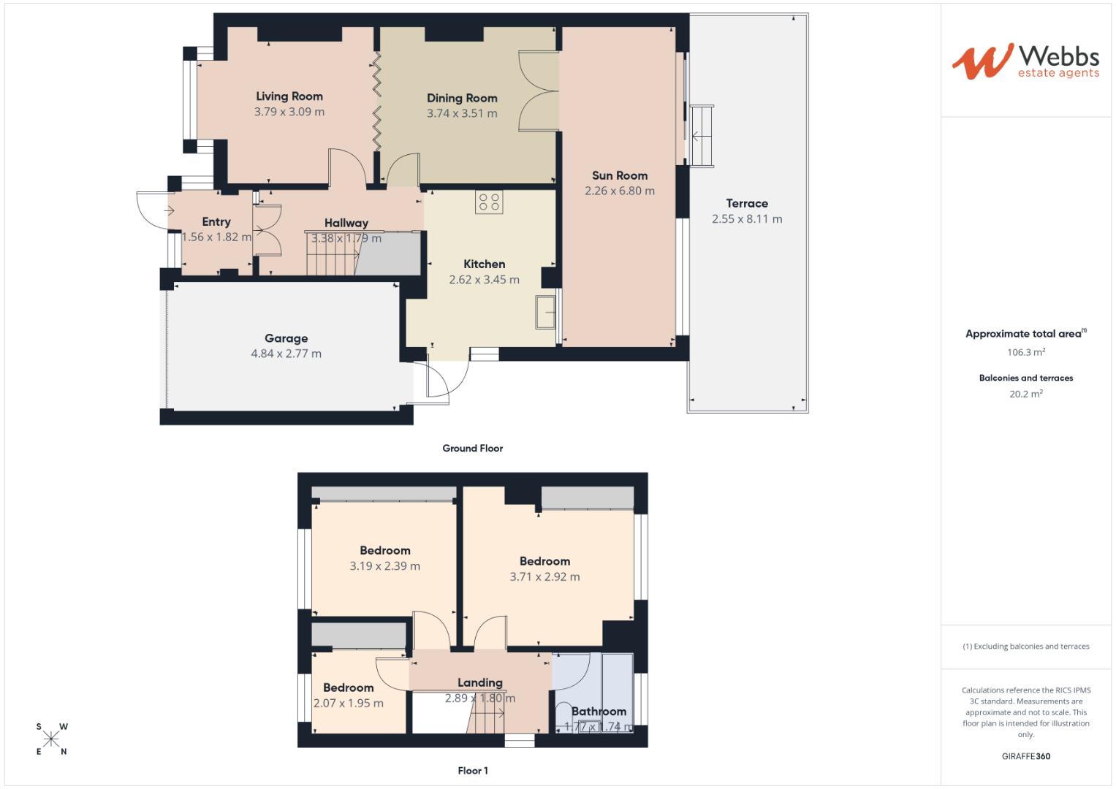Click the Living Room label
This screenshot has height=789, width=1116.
289,96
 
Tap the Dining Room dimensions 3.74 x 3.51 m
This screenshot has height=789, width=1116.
462,114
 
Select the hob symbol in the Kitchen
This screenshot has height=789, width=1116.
489,202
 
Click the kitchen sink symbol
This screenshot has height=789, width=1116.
545,313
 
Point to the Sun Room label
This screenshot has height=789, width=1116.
619,175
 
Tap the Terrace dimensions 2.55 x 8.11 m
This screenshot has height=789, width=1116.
746,219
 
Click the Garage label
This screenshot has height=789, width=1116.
286,338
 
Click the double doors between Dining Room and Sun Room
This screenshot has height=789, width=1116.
539,91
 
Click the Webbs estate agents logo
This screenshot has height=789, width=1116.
1025,61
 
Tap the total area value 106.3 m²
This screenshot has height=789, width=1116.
1025,352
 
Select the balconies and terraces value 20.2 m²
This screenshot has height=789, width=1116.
1025,394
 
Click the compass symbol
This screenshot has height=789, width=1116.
51,739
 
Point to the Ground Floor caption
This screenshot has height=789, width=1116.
472,449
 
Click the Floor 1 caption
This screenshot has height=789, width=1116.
472,771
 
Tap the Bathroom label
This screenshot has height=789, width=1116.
599,712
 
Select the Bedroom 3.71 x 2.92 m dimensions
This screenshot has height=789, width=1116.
544,577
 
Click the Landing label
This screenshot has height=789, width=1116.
479,683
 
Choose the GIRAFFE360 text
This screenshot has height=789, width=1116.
1025,756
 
